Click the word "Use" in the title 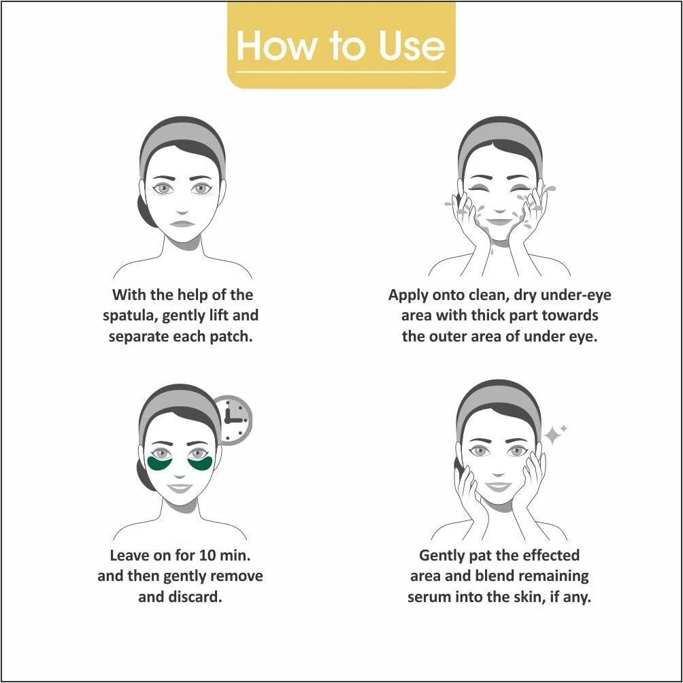(x=412, y=46)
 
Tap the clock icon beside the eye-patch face (x=233, y=420)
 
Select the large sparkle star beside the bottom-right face (x=553, y=435)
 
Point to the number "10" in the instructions (x=207, y=555)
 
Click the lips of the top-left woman (x=182, y=224)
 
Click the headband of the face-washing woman (x=501, y=137)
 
